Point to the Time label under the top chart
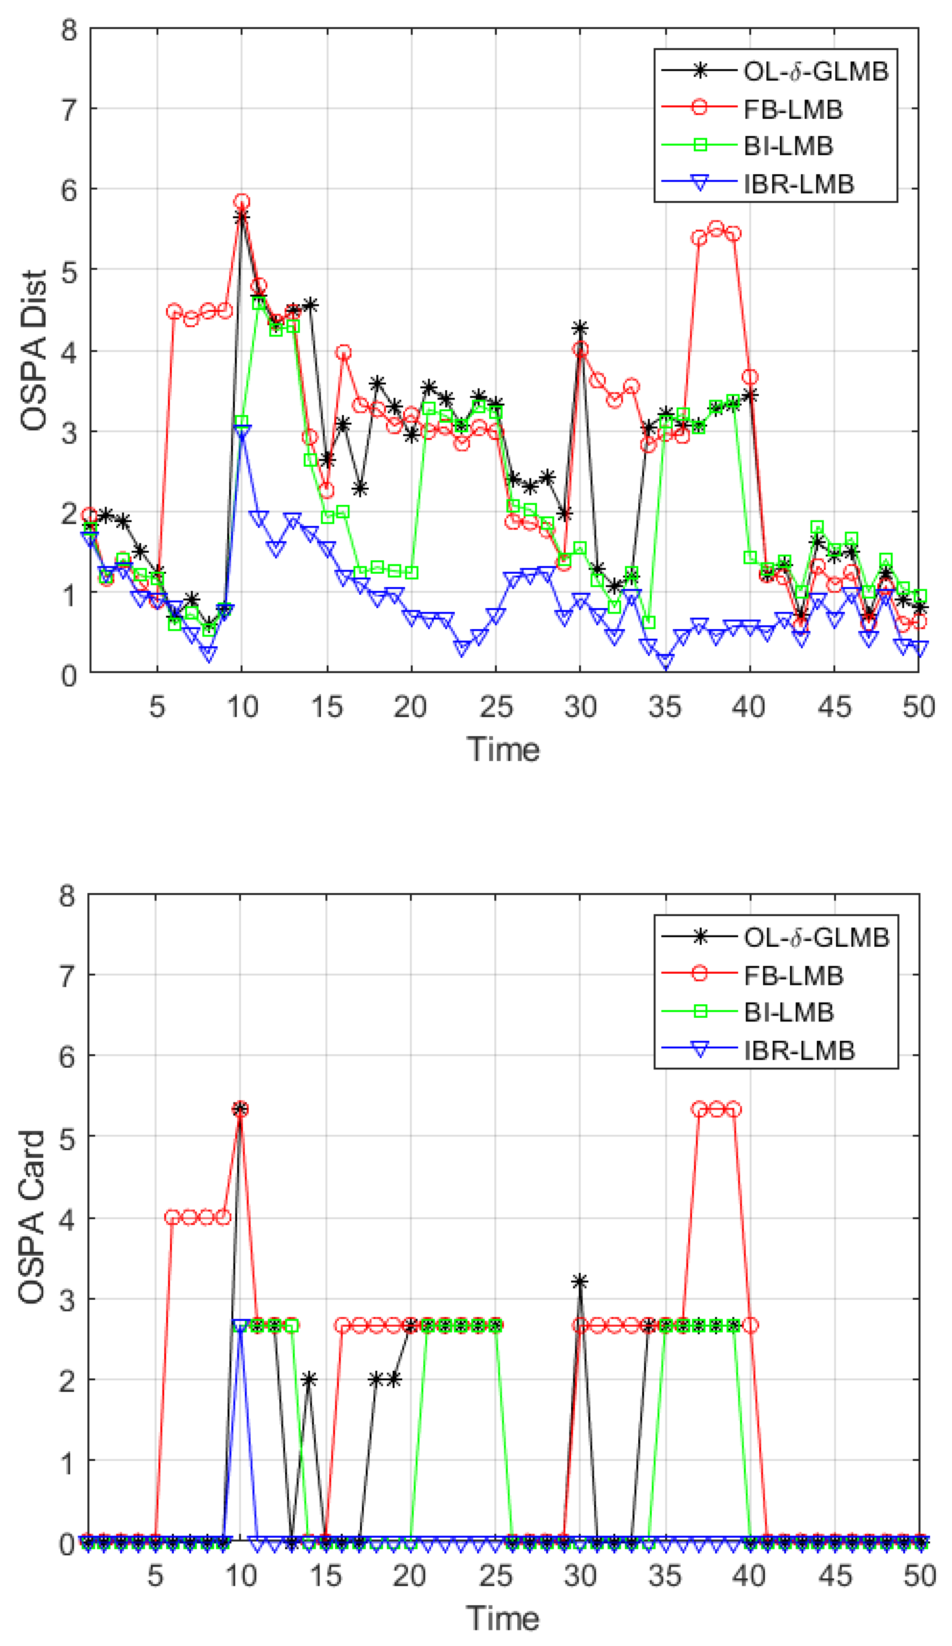(x=503, y=749)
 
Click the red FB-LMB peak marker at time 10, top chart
(x=242, y=202)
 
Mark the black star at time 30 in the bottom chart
(x=580, y=1282)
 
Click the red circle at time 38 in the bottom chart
(x=716, y=1109)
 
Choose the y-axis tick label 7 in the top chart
(x=69, y=109)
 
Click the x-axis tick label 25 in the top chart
(x=495, y=707)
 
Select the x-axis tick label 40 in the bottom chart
(x=749, y=1576)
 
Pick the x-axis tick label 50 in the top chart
(x=918, y=707)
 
